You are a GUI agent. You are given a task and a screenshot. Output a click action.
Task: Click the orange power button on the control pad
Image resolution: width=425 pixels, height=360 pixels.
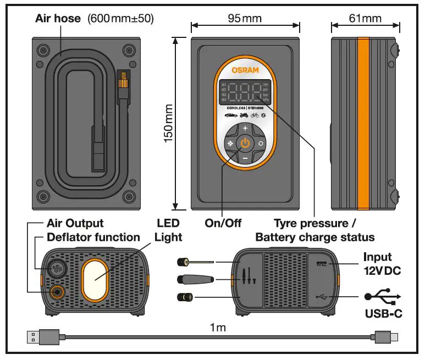point(245,143)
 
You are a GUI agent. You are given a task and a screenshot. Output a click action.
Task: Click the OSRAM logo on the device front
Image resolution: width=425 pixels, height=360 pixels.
point(245,71)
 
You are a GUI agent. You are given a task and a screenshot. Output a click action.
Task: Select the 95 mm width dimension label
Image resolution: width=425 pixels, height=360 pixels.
point(245,18)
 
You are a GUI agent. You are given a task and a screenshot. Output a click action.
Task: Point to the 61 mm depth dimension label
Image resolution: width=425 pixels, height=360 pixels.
point(365,18)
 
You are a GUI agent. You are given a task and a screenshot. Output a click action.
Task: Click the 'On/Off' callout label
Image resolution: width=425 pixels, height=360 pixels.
point(223,224)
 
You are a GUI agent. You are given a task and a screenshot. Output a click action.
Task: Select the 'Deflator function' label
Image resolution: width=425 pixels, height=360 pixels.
point(93,237)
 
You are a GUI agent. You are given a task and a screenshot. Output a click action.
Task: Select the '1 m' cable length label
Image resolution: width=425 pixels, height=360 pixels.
point(218,328)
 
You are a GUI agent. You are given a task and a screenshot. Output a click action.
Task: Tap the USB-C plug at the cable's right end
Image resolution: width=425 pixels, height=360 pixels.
point(385,337)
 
